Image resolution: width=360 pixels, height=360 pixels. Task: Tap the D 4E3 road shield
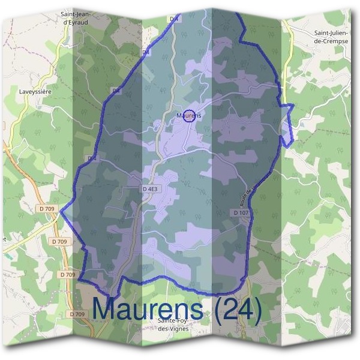tap(151, 189)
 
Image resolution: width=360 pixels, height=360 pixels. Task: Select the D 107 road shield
tap(241, 213)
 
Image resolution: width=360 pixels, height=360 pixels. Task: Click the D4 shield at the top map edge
tap(175, 20)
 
